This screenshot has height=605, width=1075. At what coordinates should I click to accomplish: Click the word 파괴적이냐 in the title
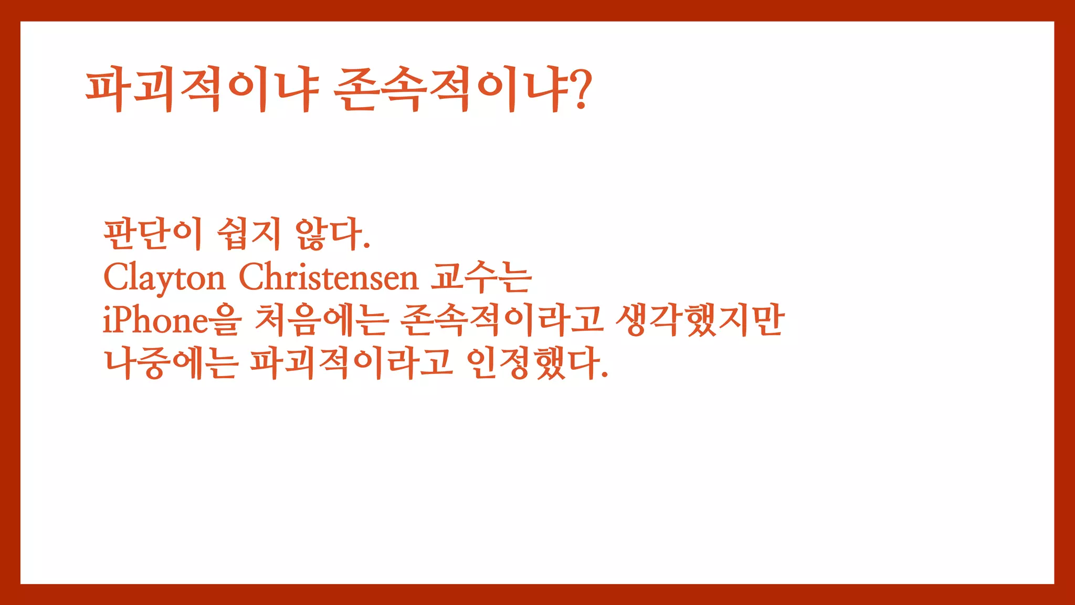click(x=203, y=89)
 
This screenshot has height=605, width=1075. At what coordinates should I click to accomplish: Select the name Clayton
click(x=164, y=278)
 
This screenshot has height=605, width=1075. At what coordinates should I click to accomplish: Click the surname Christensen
click(x=329, y=278)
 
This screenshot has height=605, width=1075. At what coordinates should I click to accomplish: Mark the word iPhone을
click(x=172, y=320)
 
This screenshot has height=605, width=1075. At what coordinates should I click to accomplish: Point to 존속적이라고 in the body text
click(x=501, y=320)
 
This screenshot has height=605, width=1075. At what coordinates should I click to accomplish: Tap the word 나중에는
click(x=171, y=363)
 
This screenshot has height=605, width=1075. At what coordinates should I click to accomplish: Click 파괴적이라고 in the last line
click(x=351, y=363)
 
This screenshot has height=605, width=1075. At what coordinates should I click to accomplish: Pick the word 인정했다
click(x=533, y=363)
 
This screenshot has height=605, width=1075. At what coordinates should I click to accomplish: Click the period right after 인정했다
click(x=605, y=375)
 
